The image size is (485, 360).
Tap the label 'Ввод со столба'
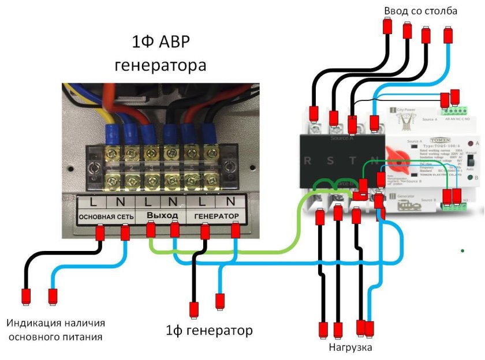(421, 11)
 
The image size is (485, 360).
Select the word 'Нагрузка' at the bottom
(350, 347)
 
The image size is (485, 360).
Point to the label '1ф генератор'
(209, 331)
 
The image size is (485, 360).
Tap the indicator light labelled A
(471, 142)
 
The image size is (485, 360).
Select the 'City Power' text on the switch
(406, 109)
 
